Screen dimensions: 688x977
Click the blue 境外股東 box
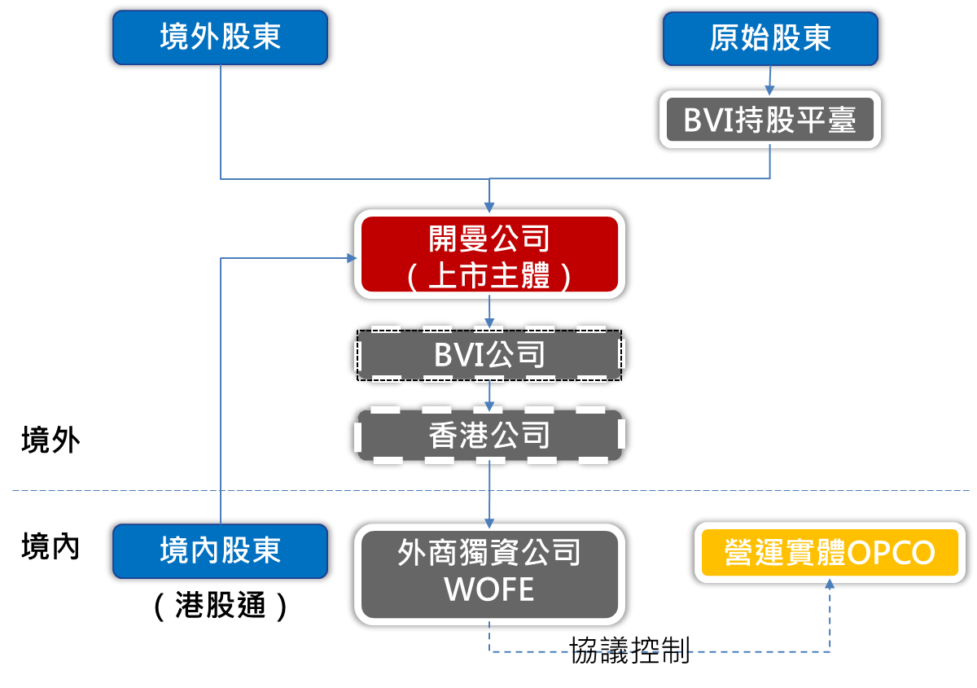click(x=221, y=37)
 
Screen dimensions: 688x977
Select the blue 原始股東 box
click(x=770, y=37)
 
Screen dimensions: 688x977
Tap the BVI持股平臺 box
click(x=770, y=121)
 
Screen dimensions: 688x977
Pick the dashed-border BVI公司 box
click(x=489, y=355)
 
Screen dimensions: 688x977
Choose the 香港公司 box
click(x=489, y=436)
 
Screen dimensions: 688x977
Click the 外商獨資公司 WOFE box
click(x=489, y=572)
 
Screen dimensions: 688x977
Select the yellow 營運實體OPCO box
click(x=830, y=553)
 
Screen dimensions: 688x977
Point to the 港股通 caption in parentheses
click(x=221, y=606)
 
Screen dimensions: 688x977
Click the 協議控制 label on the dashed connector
click(x=629, y=650)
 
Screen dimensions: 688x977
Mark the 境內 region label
click(x=50, y=547)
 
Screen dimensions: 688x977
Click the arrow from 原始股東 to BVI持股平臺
click(x=770, y=79)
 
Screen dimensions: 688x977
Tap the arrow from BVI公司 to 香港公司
click(x=489, y=397)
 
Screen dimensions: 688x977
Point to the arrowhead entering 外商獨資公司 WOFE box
click(x=489, y=521)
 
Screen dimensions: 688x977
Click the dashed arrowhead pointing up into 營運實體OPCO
click(x=830, y=584)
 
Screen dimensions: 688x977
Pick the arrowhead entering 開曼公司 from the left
click(x=352, y=258)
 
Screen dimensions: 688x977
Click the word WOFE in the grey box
click(x=489, y=589)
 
